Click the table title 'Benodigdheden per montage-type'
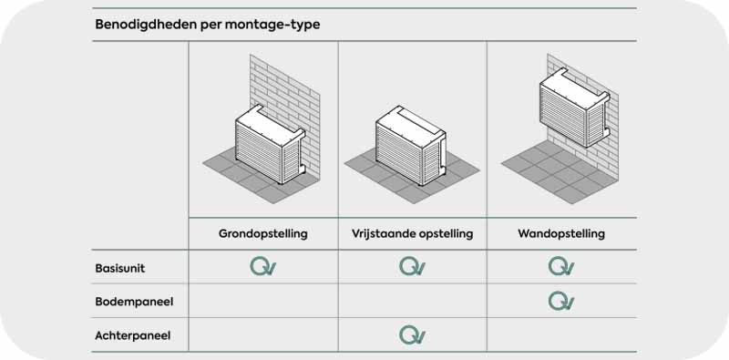tap(208, 25)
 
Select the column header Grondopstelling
tap(263, 233)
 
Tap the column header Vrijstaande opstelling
tap(413, 233)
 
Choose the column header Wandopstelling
tap(561, 233)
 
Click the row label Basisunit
tap(120, 268)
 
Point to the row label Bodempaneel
tap(134, 302)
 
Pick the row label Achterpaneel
tap(132, 335)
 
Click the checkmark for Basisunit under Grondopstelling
tap(262, 266)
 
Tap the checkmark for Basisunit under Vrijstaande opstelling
tap(412, 266)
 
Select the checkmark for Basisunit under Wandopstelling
tap(561, 266)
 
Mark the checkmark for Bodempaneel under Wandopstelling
tap(561, 301)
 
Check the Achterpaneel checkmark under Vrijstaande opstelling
tap(412, 335)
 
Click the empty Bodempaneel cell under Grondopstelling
tap(263, 301)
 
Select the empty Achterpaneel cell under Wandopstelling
tap(561, 334)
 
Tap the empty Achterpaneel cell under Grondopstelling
tap(263, 334)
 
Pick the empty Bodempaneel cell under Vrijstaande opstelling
tap(413, 301)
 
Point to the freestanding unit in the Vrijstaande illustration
tap(411, 146)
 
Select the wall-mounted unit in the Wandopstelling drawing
tap(575, 108)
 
